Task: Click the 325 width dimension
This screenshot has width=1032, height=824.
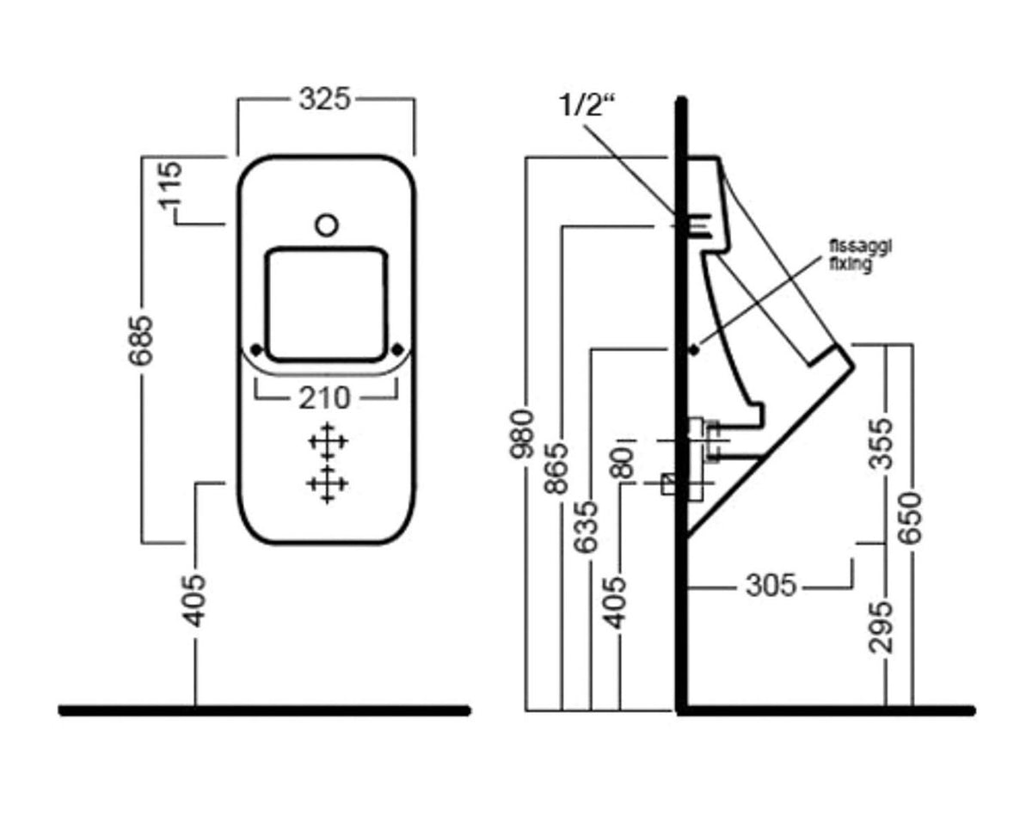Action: (325, 99)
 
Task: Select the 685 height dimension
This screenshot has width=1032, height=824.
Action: (141, 341)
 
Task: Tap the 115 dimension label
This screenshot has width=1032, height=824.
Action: (171, 186)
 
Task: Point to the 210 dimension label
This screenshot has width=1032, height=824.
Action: (325, 398)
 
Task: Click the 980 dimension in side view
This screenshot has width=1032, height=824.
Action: (522, 434)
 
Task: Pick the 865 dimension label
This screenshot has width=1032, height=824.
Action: (556, 469)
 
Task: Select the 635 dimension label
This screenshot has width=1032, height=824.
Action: (586, 527)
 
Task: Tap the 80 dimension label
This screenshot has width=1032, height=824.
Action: (622, 464)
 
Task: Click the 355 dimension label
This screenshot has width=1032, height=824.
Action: (881, 444)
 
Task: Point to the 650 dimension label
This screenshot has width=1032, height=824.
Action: (910, 518)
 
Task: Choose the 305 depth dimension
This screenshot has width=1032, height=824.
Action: (771, 585)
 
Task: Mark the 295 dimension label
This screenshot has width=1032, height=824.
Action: (881, 627)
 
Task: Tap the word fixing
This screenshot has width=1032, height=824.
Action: (851, 264)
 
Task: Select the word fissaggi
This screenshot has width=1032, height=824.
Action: (860, 247)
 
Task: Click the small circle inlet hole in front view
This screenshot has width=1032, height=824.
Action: (327, 224)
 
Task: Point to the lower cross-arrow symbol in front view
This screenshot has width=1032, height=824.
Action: (328, 484)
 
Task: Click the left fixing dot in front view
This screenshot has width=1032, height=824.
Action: (257, 350)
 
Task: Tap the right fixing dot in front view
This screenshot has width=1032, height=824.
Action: (397, 350)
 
